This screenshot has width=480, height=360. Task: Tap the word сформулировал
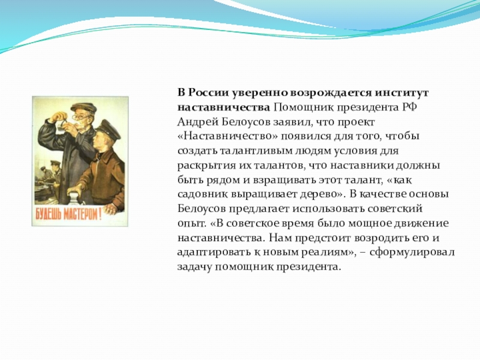(x=412, y=252)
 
